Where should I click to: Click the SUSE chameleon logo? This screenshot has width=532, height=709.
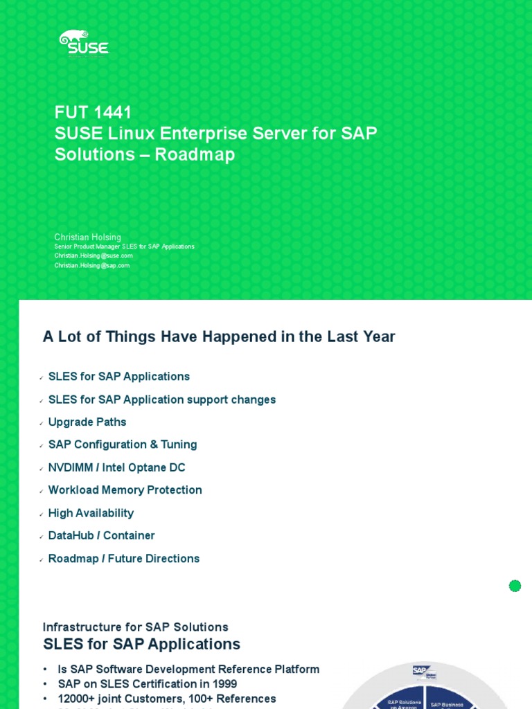[x=83, y=42]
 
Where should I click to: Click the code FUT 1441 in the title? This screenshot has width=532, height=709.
[x=93, y=112]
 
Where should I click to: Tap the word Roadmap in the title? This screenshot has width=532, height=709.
[x=195, y=154]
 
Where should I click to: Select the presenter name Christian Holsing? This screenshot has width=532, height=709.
[x=88, y=237]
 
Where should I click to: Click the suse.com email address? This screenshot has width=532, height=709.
[x=94, y=255]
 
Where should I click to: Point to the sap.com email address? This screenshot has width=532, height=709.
[x=92, y=265]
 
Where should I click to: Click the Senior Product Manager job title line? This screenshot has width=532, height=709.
[x=124, y=246]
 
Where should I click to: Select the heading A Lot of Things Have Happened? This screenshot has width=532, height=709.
[x=219, y=336]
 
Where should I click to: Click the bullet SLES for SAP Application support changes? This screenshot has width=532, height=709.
[x=162, y=400]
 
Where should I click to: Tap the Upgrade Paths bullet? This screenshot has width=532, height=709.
[x=87, y=422]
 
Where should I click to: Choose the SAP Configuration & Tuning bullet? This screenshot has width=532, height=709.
[x=123, y=445]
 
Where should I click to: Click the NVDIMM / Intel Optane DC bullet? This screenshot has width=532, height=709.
[x=116, y=467]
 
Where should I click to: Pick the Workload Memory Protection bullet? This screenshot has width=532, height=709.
[x=125, y=490]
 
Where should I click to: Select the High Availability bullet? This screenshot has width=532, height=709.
[x=91, y=513]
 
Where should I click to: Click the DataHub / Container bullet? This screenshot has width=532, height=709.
[x=102, y=535]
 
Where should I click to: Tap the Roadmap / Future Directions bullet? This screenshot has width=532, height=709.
[x=124, y=558]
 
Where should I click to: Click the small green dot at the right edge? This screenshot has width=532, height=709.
[x=515, y=586]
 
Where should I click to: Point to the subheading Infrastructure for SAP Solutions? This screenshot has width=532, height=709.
[x=135, y=627]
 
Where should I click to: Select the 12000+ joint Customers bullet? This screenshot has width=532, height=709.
[x=167, y=699]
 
